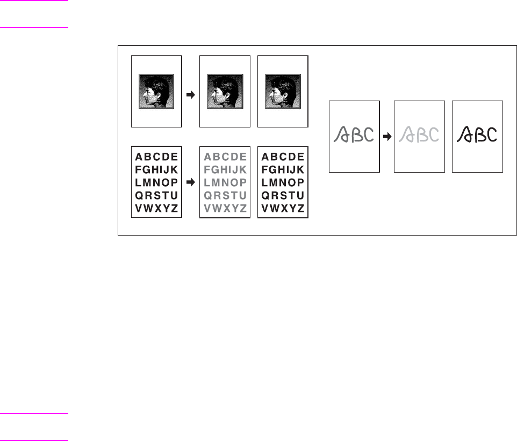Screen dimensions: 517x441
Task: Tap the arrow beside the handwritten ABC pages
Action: [386, 137]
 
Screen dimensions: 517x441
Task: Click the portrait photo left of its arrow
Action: [156, 92]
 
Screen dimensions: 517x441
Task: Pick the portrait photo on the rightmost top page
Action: [283, 92]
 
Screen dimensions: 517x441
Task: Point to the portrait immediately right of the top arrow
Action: [225, 92]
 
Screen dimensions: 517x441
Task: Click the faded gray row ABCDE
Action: [225, 157]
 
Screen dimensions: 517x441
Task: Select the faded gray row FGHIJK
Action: [225, 169]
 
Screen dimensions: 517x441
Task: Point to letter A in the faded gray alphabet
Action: [207, 157]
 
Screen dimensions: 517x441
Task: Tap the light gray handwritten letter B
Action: [421, 134]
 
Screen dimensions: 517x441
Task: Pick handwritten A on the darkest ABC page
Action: [465, 134]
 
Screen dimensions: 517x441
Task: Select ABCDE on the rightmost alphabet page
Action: [283, 157]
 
